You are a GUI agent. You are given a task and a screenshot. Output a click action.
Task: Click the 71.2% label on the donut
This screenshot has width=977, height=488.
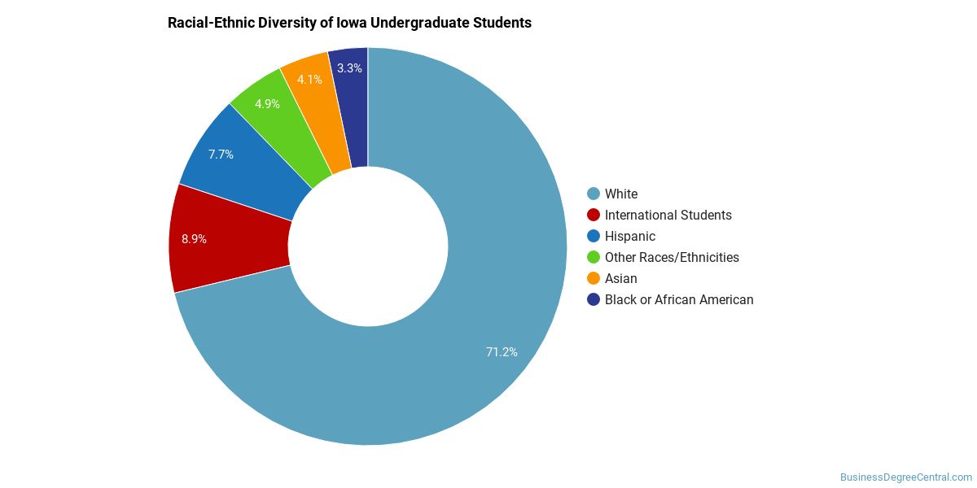tap(502, 352)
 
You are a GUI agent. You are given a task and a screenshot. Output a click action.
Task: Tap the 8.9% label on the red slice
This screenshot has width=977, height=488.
tap(194, 239)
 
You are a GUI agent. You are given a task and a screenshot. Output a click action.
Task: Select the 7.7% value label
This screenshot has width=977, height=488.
tap(221, 155)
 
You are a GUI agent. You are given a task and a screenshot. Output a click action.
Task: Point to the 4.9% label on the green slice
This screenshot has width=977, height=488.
tap(267, 104)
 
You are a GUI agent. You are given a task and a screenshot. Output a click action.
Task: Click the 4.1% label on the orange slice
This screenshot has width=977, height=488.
tap(309, 80)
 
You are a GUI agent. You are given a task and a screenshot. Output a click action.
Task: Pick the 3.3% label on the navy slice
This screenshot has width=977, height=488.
tap(349, 68)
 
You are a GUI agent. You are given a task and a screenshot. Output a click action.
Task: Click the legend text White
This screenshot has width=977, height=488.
tap(621, 194)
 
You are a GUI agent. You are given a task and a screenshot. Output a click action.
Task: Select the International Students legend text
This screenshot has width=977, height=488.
tap(668, 216)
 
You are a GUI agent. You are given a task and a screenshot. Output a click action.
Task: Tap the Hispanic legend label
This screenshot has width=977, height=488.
tap(630, 236)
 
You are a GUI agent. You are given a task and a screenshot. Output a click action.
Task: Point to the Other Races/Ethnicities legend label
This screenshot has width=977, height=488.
tap(672, 258)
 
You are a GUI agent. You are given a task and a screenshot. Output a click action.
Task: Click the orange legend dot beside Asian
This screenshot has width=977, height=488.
tap(594, 278)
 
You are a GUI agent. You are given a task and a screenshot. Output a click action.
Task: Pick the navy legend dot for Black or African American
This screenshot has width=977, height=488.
tap(594, 300)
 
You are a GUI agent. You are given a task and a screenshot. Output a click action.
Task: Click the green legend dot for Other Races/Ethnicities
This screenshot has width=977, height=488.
tap(594, 258)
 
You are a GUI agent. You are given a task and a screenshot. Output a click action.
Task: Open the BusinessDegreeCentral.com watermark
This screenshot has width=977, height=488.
tap(906, 477)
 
